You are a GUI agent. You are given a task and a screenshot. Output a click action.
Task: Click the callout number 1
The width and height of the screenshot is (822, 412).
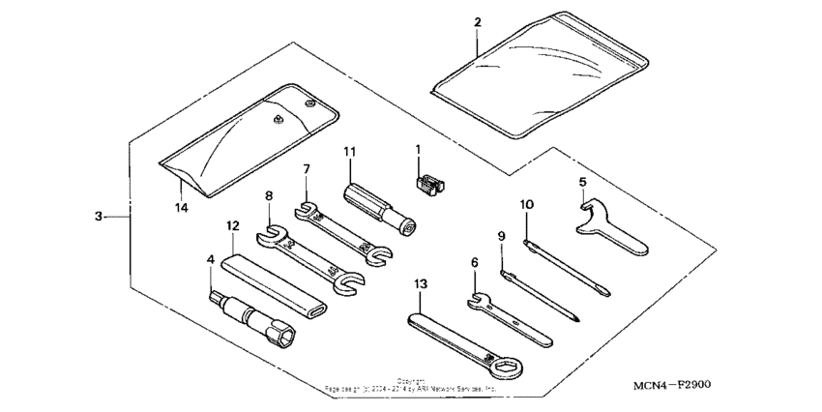pos(418,151)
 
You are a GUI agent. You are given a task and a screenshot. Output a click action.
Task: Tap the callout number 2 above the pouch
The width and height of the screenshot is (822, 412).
pos(477,22)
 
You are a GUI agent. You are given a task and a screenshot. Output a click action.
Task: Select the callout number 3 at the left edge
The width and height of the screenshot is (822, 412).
pos(100,218)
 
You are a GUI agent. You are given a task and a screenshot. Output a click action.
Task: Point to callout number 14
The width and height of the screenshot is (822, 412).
pos(180,208)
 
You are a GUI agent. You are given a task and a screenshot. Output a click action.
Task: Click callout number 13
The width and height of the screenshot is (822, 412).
pos(419,283)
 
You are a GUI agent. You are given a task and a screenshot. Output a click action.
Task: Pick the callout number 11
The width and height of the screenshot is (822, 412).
pos(349,152)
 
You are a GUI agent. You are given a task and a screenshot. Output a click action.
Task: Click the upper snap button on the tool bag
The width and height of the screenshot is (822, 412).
pos(308,102)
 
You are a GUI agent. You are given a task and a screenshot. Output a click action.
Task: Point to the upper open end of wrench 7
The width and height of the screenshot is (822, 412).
pos(307,208)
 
